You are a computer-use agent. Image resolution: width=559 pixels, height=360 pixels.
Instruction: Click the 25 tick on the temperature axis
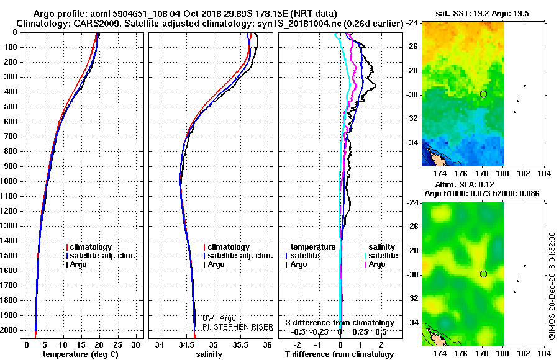117,345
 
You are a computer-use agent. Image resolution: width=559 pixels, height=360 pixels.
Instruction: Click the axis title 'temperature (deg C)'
81,354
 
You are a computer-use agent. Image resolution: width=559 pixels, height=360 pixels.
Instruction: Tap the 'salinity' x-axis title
209,354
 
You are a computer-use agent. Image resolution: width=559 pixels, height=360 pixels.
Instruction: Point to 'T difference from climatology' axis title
339,354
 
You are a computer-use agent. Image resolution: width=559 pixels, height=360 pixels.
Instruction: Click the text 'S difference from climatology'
340,323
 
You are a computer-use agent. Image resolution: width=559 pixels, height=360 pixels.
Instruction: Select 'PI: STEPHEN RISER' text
237,327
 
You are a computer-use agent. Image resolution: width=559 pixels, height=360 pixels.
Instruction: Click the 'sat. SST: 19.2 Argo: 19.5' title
482,14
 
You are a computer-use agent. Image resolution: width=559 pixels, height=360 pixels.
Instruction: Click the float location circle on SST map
483,94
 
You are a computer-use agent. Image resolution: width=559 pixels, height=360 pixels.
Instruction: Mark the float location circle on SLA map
483,274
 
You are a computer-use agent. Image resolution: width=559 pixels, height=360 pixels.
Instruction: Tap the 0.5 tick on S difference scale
380,332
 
